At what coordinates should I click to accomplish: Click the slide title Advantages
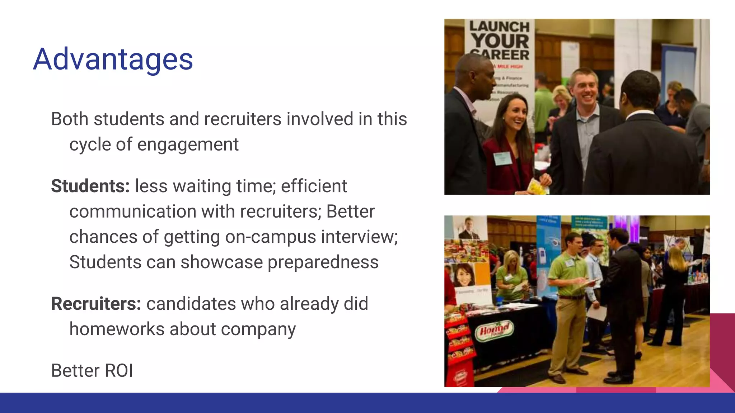click(113, 59)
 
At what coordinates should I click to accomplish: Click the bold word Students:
click(90, 186)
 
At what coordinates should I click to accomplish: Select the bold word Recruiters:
click(96, 304)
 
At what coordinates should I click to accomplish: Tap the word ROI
click(119, 370)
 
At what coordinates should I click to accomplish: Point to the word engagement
click(188, 144)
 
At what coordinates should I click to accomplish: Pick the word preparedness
click(323, 262)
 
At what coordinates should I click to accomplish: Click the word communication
click(132, 211)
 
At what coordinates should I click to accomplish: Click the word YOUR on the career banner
click(500, 41)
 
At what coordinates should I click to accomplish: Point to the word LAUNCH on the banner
click(499, 27)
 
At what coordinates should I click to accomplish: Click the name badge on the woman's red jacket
click(502, 157)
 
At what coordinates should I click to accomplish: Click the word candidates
click(191, 304)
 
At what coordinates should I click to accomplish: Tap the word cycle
click(90, 144)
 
